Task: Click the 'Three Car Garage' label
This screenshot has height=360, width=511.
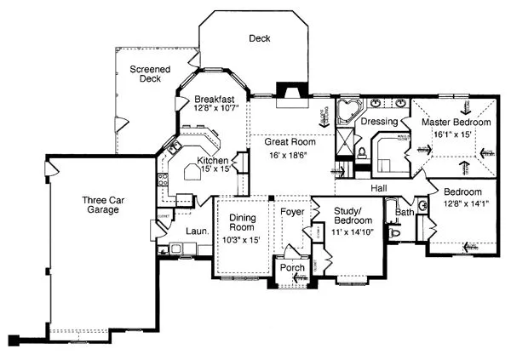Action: point(100,206)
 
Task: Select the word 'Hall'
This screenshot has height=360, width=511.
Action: point(380,187)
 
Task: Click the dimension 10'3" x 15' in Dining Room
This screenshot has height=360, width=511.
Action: point(243,240)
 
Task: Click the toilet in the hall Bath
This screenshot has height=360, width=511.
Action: point(393,231)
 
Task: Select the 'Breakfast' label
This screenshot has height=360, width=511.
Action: point(215,99)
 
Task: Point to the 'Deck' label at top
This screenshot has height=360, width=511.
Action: point(259,38)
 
